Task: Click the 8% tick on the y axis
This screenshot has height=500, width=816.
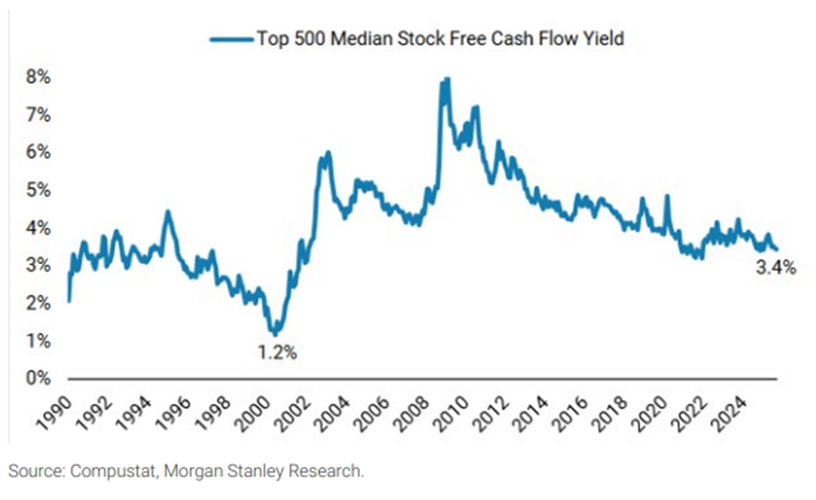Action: coord(38,78)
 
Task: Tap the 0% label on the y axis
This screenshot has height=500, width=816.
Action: coord(38,378)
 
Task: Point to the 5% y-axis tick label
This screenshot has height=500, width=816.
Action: coord(38,190)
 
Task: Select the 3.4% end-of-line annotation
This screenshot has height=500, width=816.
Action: coord(775,267)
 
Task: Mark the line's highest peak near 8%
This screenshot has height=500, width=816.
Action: coord(448,78)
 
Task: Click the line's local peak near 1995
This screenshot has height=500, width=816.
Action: coord(168,212)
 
